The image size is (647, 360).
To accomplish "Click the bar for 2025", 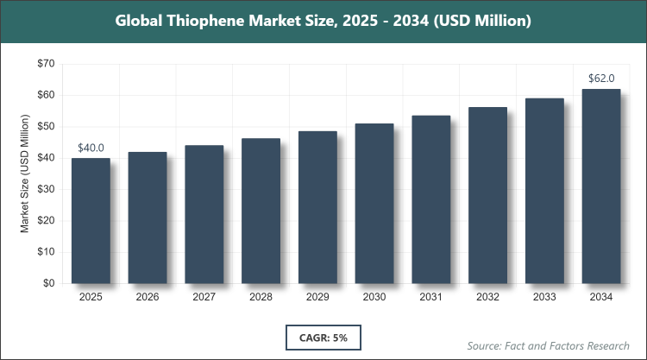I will [x=91, y=220].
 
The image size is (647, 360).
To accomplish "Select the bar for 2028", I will [x=261, y=211].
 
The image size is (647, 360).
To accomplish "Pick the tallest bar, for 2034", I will [x=601, y=186].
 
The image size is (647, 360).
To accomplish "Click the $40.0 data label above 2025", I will [x=91, y=148].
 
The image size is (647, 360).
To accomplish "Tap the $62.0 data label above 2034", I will [x=601, y=79].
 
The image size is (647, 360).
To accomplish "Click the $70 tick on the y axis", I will [x=46, y=64].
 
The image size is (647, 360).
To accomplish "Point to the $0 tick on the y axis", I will [x=49, y=283].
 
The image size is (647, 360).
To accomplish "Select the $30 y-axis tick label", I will [x=46, y=189].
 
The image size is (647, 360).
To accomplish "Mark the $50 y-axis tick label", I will [x=46, y=127].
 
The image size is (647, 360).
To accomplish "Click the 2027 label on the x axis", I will [x=204, y=297].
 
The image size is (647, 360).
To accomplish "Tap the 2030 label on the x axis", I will [x=374, y=297].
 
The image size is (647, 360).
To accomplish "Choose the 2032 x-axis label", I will [x=487, y=297].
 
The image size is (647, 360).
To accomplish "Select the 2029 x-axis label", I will [x=317, y=297].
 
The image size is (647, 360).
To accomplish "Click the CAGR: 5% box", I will [x=323, y=336].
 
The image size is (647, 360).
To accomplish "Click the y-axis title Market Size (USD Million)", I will [x=25, y=174].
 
